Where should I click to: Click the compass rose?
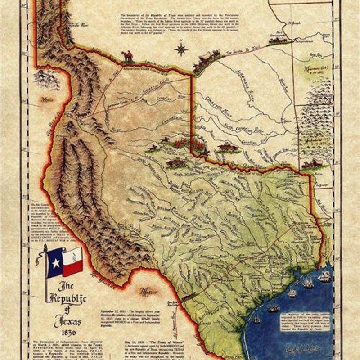pyautogui.click(x=181, y=49)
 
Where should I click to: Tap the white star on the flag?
pyautogui.click(x=55, y=263)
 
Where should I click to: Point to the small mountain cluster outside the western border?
pyautogui.click(x=45, y=79)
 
